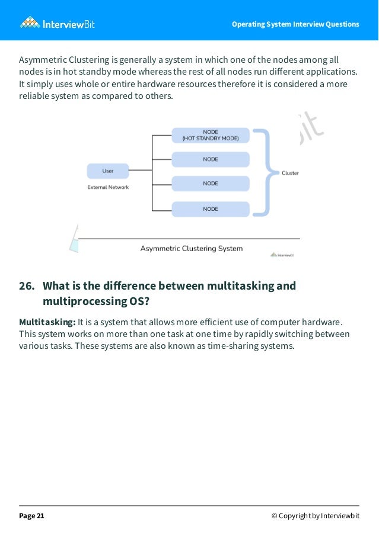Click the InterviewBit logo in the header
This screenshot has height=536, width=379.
[57, 24]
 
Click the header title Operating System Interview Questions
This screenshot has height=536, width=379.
[295, 24]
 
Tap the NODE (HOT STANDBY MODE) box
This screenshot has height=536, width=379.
[211, 135]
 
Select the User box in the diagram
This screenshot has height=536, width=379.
[107, 171]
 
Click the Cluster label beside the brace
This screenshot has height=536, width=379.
[290, 173]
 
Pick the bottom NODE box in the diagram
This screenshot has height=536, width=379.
[211, 209]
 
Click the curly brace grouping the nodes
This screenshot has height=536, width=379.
[266, 172]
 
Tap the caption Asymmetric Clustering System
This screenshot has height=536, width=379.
[191, 249]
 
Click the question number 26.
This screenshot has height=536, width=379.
[26, 286]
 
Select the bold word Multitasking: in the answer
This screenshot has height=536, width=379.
[47, 322]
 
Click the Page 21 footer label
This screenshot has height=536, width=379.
[31, 516]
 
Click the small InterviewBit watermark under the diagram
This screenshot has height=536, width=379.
[282, 255]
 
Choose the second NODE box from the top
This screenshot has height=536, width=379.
[211, 159]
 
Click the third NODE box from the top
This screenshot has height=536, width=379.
[211, 184]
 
